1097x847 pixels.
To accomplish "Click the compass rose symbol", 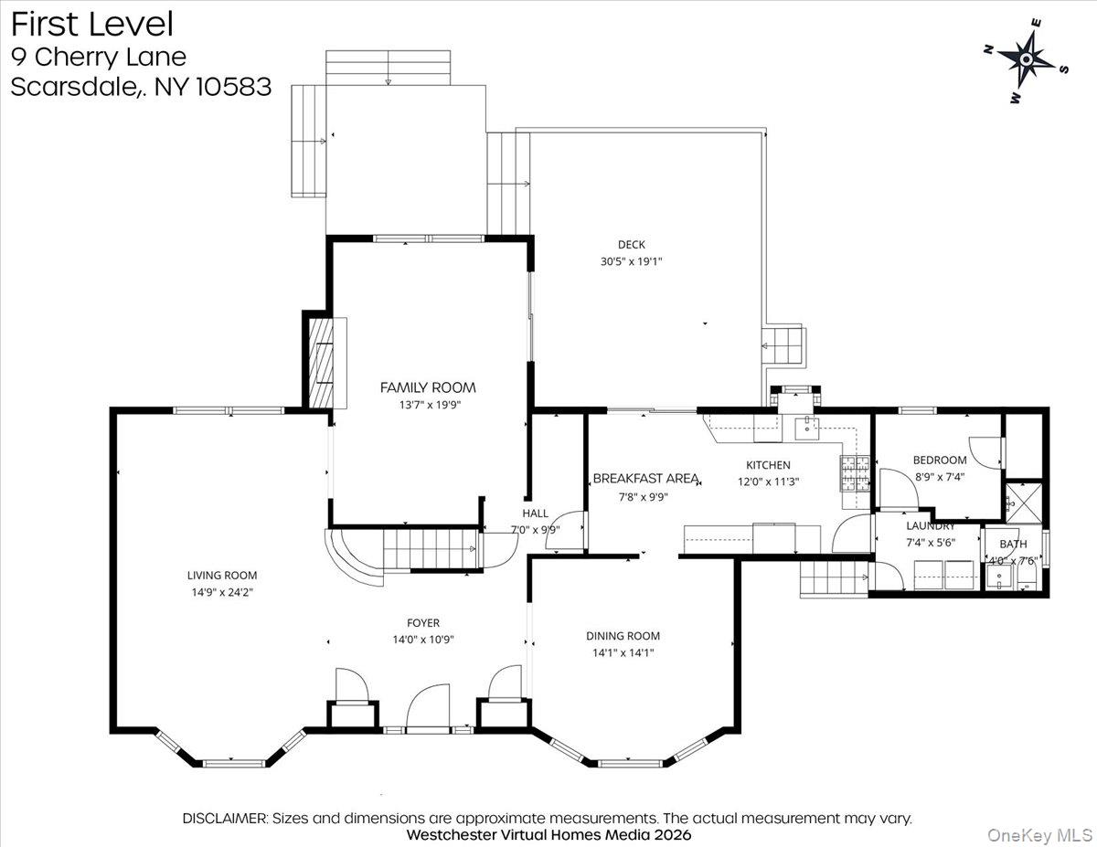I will pyautogui.click(x=1026, y=60).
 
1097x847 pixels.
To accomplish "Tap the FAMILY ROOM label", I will pyautogui.click(x=428, y=387).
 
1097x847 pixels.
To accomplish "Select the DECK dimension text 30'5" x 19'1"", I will pyautogui.click(x=631, y=261).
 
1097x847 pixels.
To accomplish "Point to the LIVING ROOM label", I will pyautogui.click(x=222, y=576).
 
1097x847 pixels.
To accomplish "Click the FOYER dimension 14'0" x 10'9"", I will pyautogui.click(x=423, y=640).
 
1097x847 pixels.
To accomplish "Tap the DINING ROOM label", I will pyautogui.click(x=623, y=636).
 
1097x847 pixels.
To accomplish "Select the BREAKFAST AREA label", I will pyautogui.click(x=646, y=478).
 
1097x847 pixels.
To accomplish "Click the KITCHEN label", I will pyautogui.click(x=768, y=465).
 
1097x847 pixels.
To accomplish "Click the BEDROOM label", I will pyautogui.click(x=939, y=460).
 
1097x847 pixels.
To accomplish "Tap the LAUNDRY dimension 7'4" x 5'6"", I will pyautogui.click(x=930, y=543).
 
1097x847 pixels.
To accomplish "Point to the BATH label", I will pyautogui.click(x=1012, y=544).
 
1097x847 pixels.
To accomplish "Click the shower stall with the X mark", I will pyautogui.click(x=1021, y=503).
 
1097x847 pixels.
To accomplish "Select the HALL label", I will pyautogui.click(x=536, y=513).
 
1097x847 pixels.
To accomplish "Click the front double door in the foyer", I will pyautogui.click(x=429, y=709).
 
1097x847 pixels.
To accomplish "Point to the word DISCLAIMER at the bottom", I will pyautogui.click(x=225, y=818).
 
